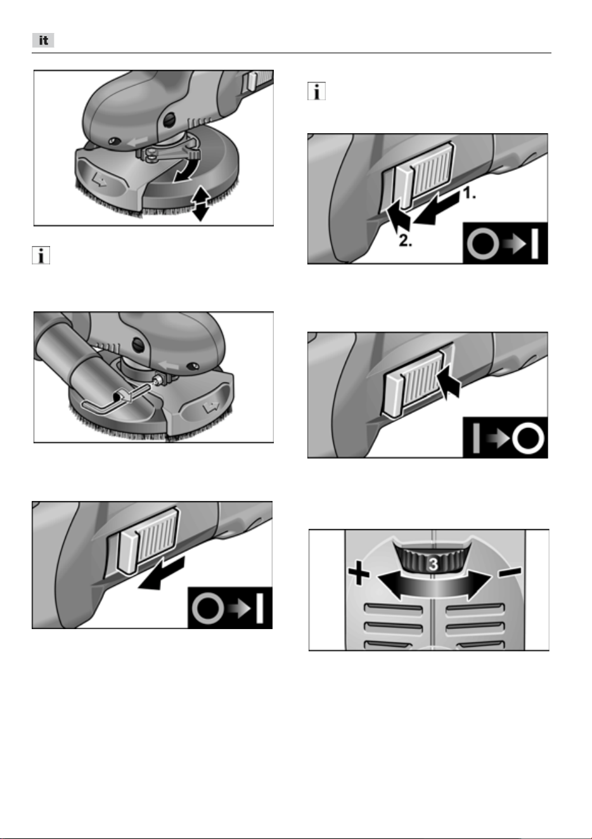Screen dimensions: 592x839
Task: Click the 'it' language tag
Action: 43,41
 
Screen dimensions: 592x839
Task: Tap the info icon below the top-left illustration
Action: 41,255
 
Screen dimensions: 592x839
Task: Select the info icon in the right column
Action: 316,91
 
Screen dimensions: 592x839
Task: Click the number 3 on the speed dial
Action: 433,564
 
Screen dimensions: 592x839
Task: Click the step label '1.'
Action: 470,193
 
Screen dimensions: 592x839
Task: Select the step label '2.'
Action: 405,240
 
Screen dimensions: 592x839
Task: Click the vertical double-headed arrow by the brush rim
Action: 201,203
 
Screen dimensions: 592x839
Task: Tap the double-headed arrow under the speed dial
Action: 434,586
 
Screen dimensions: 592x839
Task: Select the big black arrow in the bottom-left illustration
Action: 162,574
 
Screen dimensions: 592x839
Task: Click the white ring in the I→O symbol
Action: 528,438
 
